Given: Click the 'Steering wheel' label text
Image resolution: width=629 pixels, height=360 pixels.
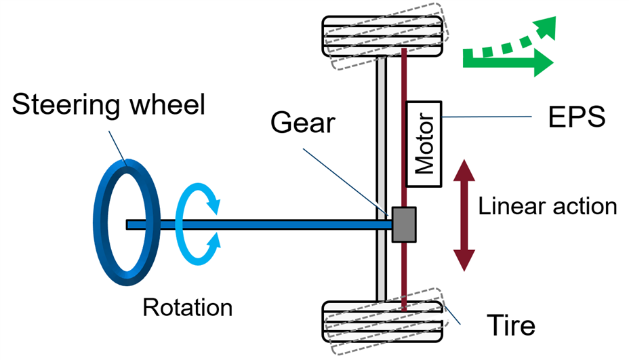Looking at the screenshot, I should [108, 106].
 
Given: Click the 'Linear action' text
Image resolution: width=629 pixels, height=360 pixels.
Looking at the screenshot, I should [548, 206].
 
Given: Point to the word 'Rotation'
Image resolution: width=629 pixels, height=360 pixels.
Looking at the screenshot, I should [188, 307].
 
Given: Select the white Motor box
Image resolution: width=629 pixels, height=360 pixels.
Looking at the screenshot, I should [424, 144].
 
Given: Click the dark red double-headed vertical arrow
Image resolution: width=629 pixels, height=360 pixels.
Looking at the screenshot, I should [464, 215].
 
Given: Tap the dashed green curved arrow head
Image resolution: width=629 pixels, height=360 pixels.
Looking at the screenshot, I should [544, 28].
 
